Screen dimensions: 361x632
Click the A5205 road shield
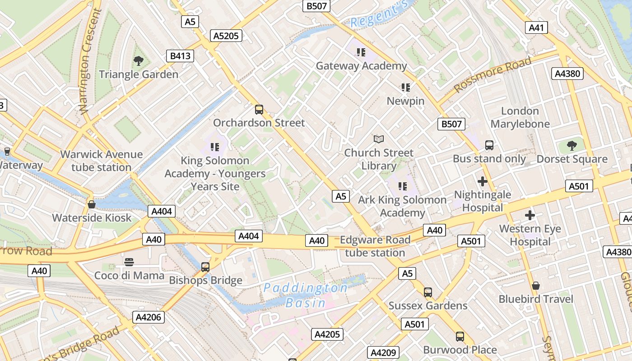coord(226,36)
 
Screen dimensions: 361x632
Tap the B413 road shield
coord(180,56)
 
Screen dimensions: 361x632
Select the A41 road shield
coord(536,28)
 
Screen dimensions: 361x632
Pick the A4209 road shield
coord(383,352)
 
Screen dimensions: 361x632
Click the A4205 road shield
coord(327,334)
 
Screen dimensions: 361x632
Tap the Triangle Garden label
coord(139,74)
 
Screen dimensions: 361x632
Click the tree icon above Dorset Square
coord(572,146)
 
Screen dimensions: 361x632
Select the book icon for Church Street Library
coord(379,139)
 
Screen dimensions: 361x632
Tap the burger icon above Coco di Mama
coord(129,262)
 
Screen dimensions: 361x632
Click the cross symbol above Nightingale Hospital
coord(483,181)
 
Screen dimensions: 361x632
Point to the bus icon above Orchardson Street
coord(259,109)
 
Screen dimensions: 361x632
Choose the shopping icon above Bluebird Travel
coord(536,286)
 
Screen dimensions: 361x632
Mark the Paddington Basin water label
coord(306,295)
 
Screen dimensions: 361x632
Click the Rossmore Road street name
coord(493,74)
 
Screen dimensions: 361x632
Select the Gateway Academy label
coord(361,66)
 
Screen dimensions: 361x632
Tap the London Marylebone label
coord(520,117)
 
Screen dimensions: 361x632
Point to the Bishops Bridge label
coord(205,281)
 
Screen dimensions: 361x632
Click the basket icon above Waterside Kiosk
coord(92,204)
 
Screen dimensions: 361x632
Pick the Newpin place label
coord(405,101)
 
